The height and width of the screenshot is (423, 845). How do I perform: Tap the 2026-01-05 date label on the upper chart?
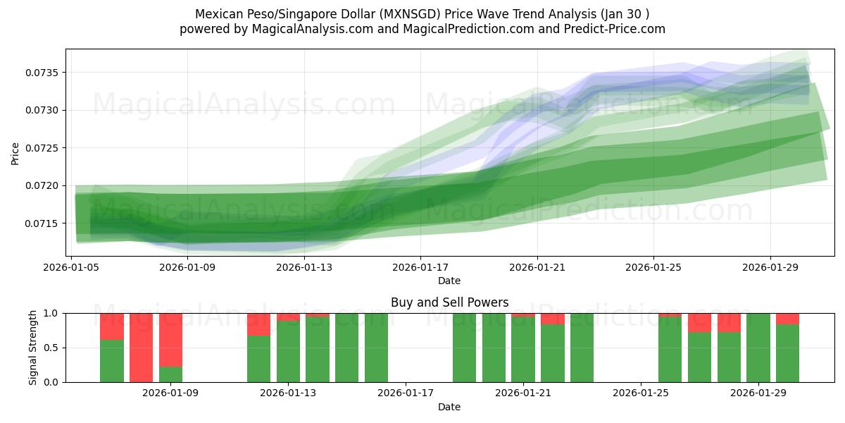(71, 267)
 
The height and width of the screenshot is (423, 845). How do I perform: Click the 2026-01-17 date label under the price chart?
(420, 267)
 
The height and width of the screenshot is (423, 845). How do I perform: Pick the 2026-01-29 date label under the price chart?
(770, 267)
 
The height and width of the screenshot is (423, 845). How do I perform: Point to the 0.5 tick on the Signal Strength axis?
(53, 348)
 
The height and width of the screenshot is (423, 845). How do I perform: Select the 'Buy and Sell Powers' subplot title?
(449, 302)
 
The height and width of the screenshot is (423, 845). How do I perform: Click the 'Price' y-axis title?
(15, 153)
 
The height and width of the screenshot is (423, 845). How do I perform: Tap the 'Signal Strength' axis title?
(33, 348)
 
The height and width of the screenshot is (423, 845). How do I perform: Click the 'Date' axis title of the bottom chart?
(449, 407)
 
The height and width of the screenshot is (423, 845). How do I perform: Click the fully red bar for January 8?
(142, 348)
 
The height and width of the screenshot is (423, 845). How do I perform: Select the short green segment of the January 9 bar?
(171, 374)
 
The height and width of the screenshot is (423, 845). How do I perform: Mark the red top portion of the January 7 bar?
(112, 326)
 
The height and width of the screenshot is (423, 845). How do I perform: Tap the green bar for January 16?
(377, 348)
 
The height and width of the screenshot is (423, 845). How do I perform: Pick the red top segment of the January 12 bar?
(258, 324)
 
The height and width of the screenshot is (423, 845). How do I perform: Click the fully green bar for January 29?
(758, 348)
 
